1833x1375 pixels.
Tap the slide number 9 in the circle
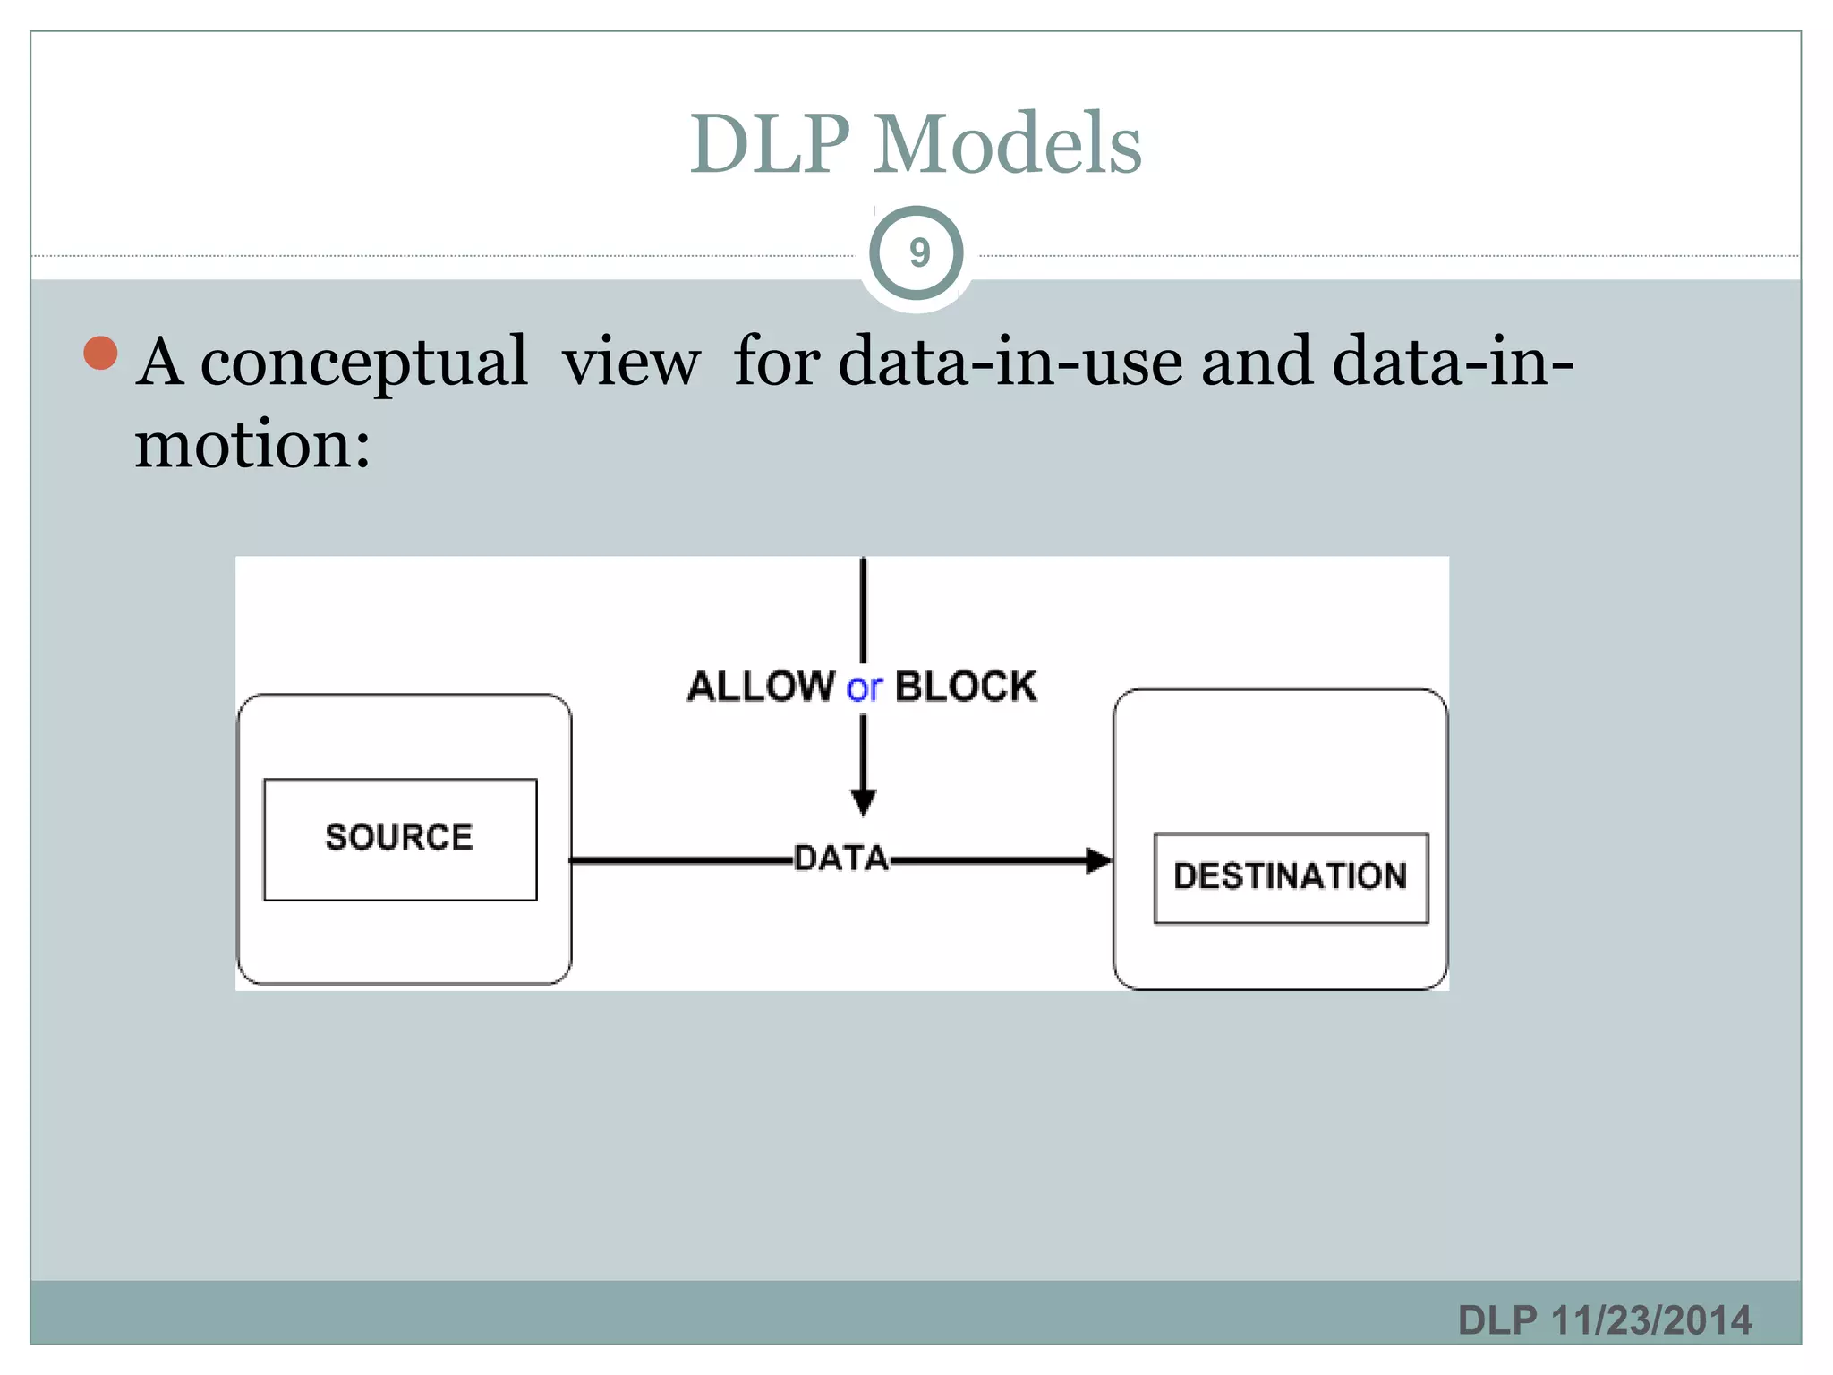point(918,253)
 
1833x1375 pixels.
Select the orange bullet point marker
point(100,353)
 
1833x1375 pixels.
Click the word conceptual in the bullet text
point(363,363)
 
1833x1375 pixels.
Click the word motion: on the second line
point(252,445)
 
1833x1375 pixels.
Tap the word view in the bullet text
point(631,363)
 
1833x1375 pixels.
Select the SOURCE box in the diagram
point(399,838)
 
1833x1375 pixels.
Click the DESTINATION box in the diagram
point(1290,876)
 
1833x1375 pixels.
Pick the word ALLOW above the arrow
point(761,687)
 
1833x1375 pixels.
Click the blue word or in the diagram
point(864,688)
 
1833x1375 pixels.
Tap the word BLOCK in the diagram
point(966,687)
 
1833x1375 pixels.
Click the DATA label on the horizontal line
point(840,858)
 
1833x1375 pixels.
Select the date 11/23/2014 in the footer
point(1651,1320)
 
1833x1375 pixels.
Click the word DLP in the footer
point(1497,1320)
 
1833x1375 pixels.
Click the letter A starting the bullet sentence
point(160,363)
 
